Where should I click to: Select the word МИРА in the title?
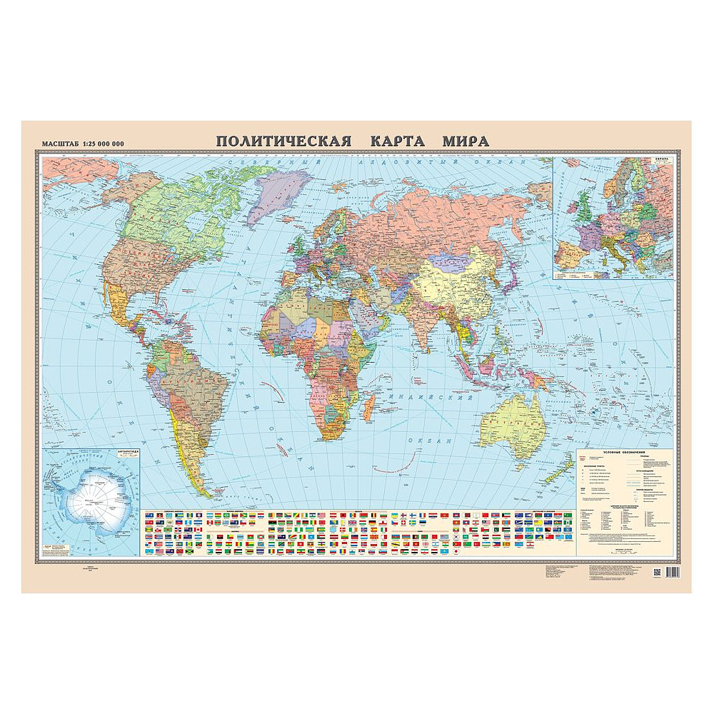click(x=465, y=141)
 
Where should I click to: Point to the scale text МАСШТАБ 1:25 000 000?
click(x=84, y=144)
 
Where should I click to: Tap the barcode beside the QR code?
click(x=672, y=573)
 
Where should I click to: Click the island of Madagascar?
click(x=368, y=410)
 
